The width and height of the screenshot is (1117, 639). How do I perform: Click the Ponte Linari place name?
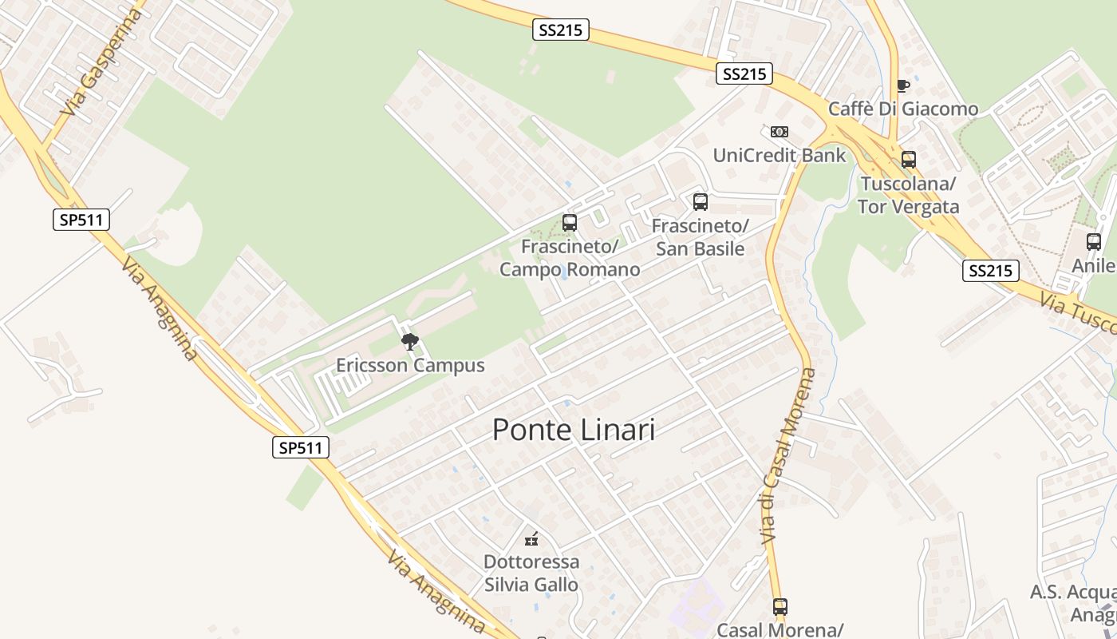point(574,430)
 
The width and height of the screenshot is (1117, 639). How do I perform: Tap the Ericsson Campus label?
point(410,366)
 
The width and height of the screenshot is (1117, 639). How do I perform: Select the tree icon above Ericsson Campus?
point(410,343)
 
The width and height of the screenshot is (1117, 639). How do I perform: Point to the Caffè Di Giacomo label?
point(903,109)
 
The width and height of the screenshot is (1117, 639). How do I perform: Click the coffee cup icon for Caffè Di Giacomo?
point(903,85)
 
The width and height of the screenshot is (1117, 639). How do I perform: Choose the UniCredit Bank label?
point(780,155)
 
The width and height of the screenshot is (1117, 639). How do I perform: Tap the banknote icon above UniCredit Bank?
point(780,132)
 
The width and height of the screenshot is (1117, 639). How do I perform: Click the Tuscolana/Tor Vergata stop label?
point(909,196)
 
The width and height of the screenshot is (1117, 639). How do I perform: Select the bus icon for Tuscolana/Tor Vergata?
point(909,160)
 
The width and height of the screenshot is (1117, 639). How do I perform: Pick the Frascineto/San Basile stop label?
point(701,237)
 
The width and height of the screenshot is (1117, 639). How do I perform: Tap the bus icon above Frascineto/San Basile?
point(701,202)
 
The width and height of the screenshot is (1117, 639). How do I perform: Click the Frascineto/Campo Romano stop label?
point(570,258)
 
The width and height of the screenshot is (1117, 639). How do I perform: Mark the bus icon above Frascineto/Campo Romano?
point(570,223)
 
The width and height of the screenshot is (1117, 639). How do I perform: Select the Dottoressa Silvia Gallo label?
point(531,574)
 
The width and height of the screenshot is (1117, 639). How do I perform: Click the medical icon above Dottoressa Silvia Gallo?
point(531,539)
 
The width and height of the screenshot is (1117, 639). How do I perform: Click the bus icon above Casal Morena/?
point(780,607)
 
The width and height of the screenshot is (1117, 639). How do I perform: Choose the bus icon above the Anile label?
point(1094,242)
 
